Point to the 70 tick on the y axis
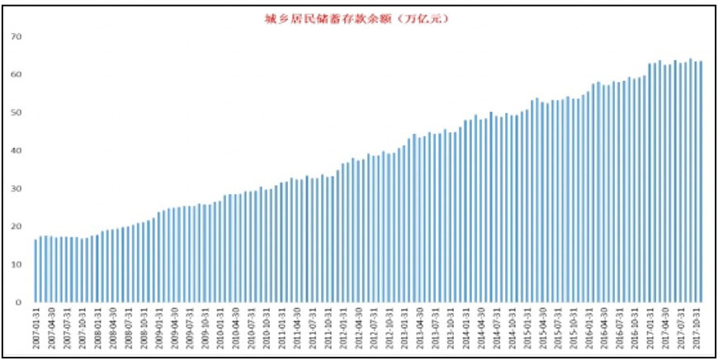click(17, 37)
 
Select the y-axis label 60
click(17, 75)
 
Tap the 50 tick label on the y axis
click(17, 113)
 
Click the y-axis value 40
click(17, 151)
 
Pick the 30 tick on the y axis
click(17, 189)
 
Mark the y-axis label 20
click(17, 227)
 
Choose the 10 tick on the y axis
click(17, 265)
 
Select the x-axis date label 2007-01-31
click(36, 331)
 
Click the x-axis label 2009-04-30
click(174, 331)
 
